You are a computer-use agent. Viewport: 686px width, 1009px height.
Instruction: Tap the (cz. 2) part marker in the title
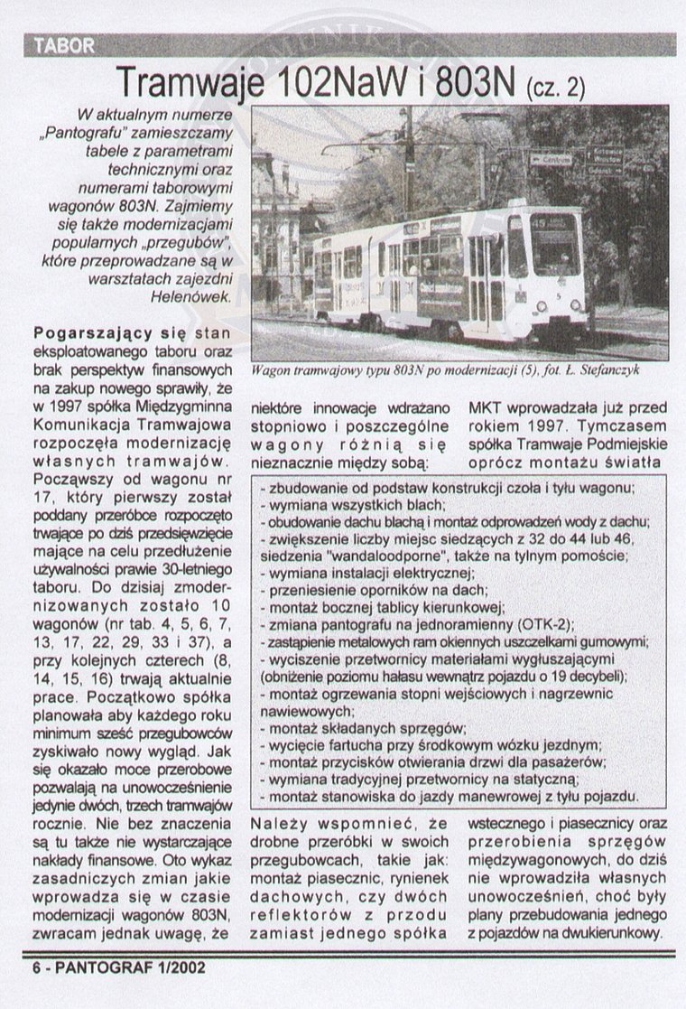coord(554,87)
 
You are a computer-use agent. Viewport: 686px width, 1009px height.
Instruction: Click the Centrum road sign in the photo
coord(551,159)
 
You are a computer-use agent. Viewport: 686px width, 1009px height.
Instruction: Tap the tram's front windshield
coord(554,243)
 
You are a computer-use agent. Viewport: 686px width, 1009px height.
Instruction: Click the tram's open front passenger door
coord(486,276)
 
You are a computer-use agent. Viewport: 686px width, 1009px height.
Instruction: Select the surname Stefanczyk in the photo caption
coord(616,370)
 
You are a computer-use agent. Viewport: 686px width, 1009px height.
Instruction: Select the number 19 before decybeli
coord(555,676)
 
